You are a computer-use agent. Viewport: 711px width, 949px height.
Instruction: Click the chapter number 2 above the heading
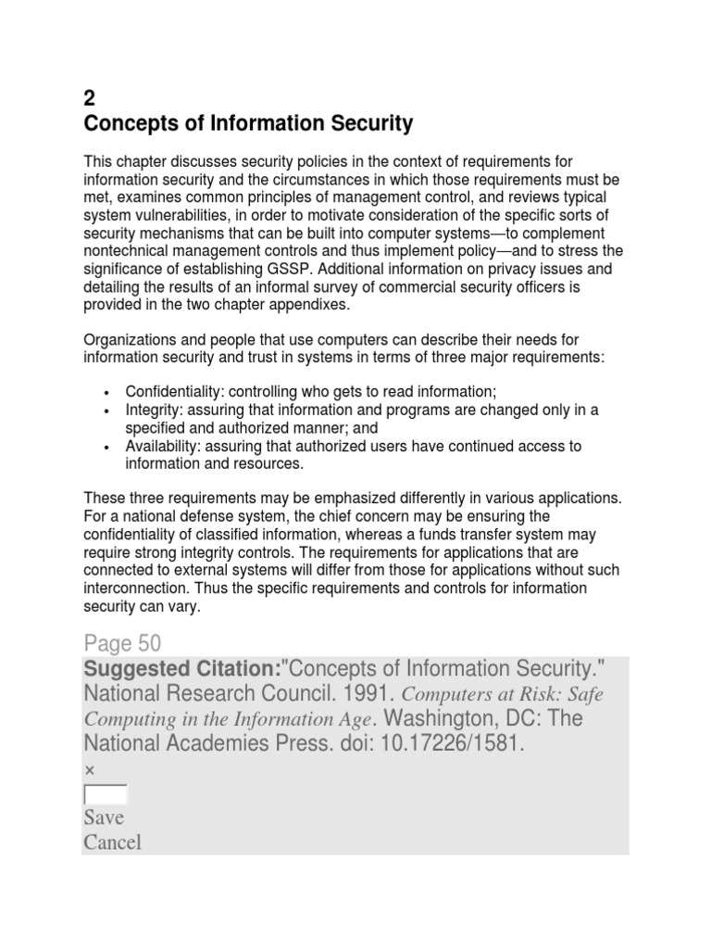point(90,99)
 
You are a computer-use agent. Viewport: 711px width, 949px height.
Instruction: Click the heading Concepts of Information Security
point(248,123)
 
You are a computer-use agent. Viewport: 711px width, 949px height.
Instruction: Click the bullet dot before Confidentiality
point(108,393)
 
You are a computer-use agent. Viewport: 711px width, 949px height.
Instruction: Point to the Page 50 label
point(122,643)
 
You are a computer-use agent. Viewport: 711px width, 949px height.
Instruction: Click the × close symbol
point(89,769)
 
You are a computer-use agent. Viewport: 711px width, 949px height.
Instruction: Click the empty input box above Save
point(106,794)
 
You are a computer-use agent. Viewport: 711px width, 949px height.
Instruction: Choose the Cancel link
point(112,842)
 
